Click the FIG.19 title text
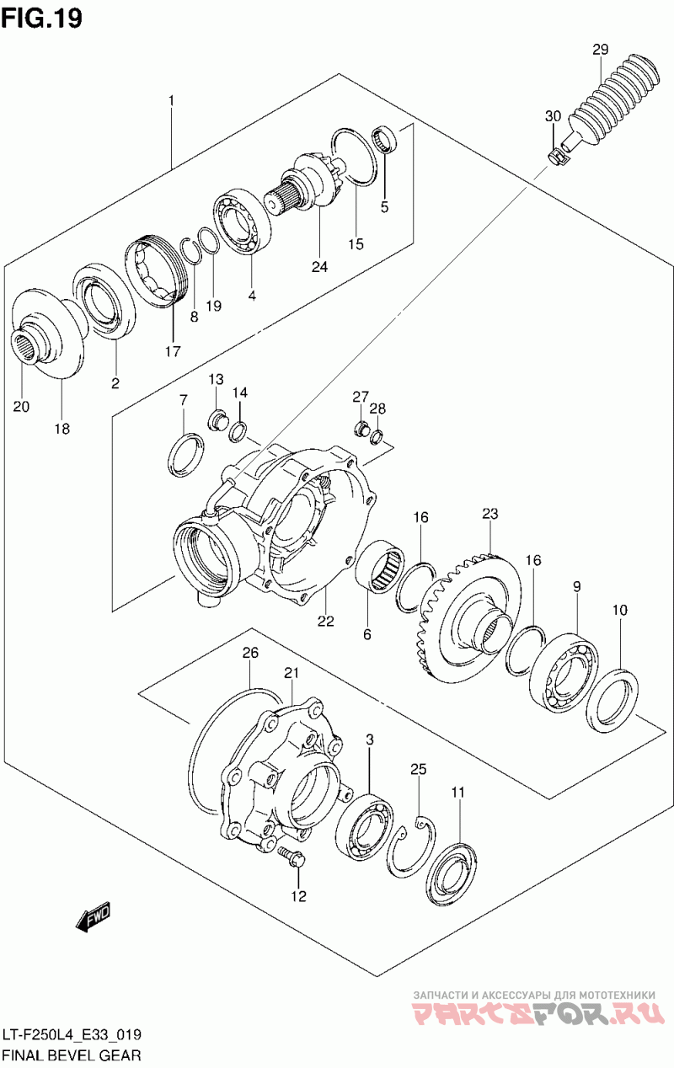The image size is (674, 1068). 42,18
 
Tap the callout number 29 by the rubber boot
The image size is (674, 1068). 600,50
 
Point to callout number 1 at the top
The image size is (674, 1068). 171,101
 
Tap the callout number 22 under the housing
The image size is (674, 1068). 325,622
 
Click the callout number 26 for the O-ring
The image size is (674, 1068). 249,653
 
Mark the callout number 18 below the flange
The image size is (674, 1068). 62,428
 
